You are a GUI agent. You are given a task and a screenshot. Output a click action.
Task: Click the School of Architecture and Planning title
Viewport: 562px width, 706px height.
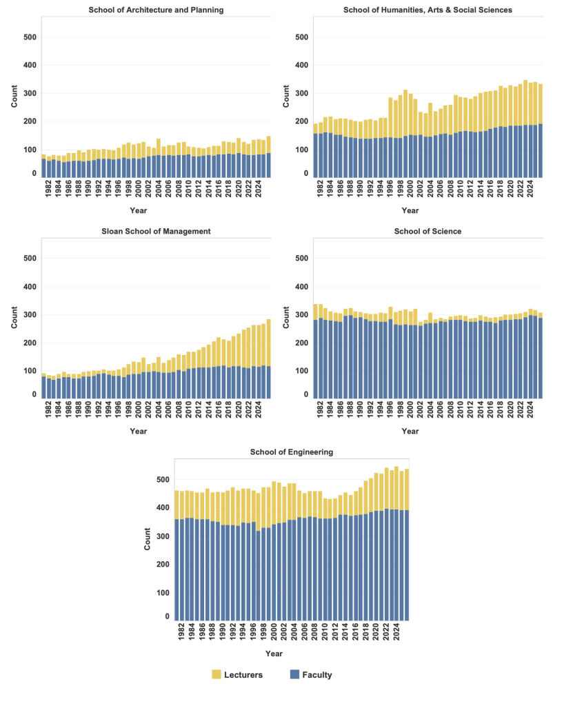point(157,10)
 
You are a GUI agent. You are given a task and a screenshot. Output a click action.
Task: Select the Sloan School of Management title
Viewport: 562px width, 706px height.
point(157,231)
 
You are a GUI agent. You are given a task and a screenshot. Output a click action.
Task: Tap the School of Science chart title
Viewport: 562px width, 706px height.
point(429,231)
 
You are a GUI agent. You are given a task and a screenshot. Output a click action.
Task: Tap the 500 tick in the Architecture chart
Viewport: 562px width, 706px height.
point(30,37)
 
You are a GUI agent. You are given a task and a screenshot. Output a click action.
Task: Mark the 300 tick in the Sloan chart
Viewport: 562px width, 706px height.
point(30,315)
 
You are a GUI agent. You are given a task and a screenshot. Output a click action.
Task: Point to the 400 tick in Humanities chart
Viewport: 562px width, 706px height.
point(302,65)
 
